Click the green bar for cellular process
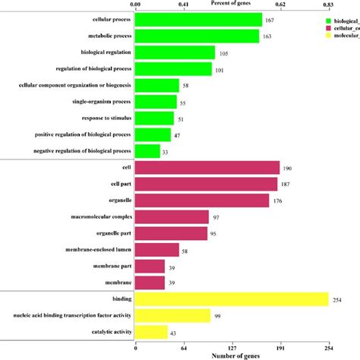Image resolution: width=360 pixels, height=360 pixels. tap(197, 19)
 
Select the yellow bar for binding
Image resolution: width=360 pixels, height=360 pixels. tap(231, 300)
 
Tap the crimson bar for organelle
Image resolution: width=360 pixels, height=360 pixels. tap(201, 201)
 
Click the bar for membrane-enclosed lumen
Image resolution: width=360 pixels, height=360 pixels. tap(156, 250)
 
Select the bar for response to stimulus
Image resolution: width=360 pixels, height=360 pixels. tap(154, 118)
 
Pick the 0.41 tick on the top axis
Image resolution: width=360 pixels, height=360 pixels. tap(183, 4)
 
